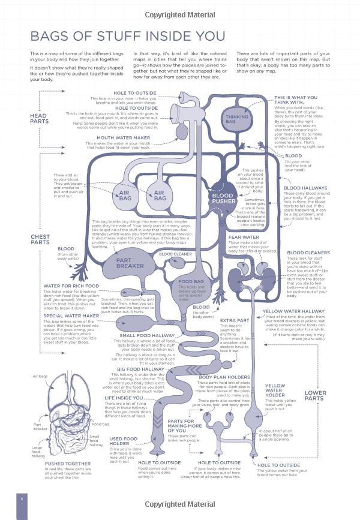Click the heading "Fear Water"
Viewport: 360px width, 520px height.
pyautogui.click(x=242, y=236)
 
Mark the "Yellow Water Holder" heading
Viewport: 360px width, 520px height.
pyautogui.click(x=275, y=390)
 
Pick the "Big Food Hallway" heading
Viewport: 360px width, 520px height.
pyautogui.click(x=141, y=369)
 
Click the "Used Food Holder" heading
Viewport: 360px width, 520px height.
pyautogui.click(x=123, y=442)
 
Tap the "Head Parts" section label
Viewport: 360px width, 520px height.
pyautogui.click(x=38, y=118)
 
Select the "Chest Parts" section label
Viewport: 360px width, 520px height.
pyautogui.click(x=40, y=239)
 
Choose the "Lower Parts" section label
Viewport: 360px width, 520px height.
pyautogui.click(x=315, y=396)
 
